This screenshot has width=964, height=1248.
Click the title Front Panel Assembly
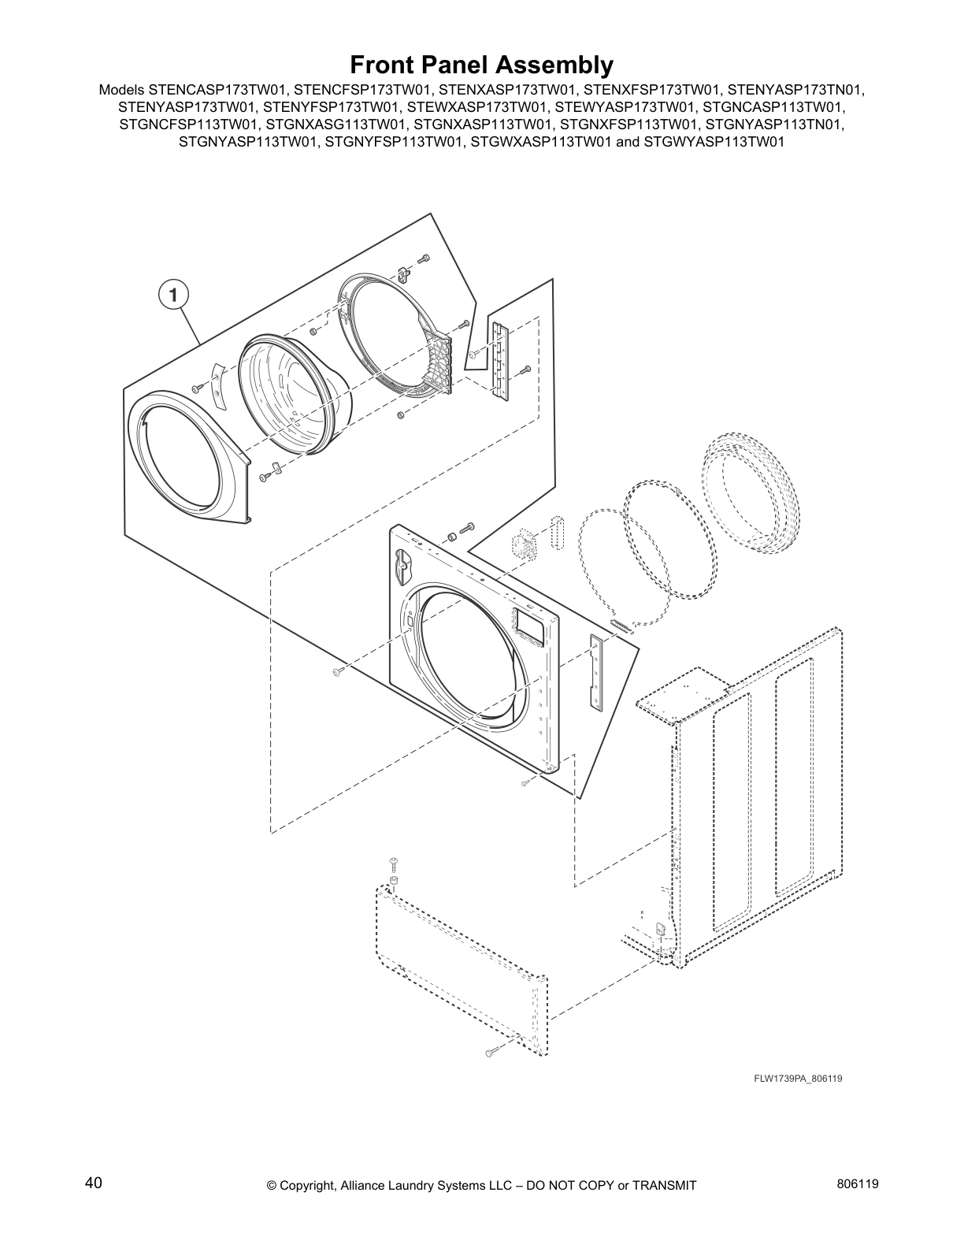481,63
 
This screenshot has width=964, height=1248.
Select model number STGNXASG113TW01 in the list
337,124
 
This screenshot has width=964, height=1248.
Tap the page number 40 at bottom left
93,1182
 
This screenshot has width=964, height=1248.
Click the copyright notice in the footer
481,1184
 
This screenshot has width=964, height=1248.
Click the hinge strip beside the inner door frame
499,359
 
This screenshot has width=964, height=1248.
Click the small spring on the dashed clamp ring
620,625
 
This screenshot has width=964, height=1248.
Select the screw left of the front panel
338,671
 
